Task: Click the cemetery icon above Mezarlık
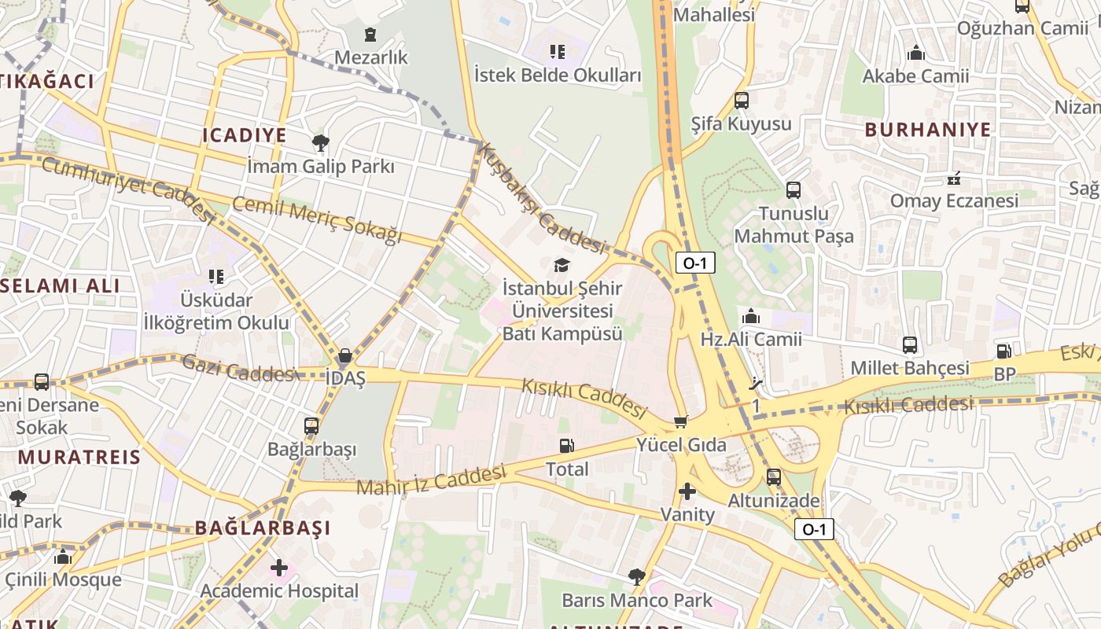(370, 35)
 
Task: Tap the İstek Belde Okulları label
(558, 76)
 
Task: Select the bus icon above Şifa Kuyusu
(741, 101)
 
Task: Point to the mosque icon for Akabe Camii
(915, 53)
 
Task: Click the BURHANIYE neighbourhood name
(928, 131)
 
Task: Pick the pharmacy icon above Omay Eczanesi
(955, 178)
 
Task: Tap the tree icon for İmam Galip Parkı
(320, 143)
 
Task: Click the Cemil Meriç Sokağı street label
(316, 220)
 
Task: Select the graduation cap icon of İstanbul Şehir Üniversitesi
(562, 266)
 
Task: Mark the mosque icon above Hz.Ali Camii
(751, 316)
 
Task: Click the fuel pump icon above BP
(1004, 351)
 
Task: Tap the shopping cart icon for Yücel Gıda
(681, 422)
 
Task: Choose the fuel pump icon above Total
(566, 446)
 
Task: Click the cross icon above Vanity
(687, 492)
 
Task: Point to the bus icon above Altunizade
(774, 477)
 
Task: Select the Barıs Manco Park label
(636, 601)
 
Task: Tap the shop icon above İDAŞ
(345, 355)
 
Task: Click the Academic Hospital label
(278, 591)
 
